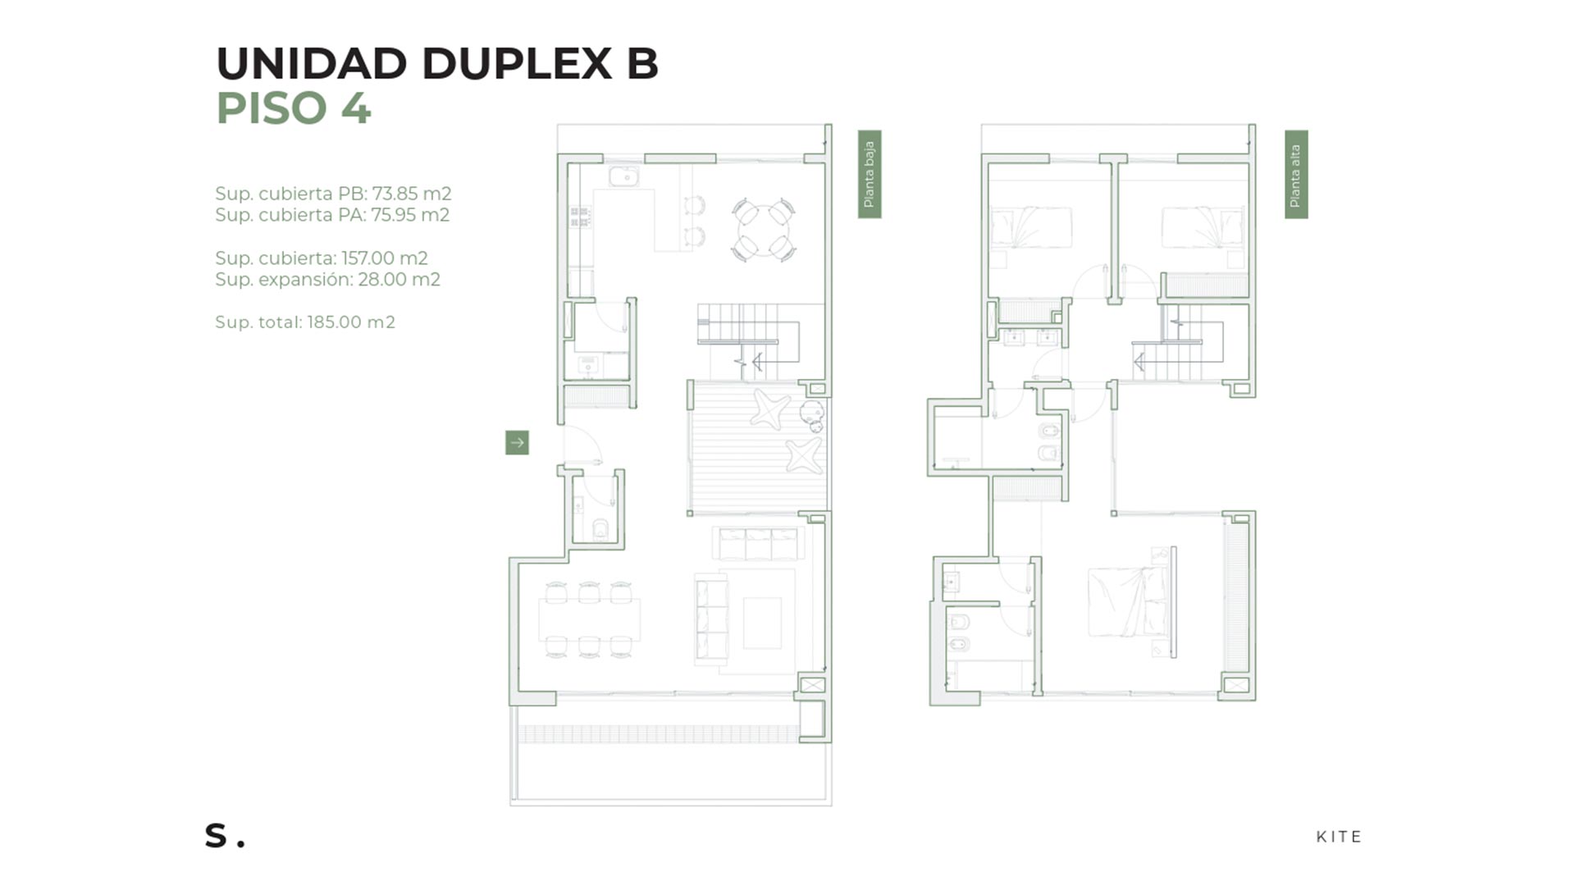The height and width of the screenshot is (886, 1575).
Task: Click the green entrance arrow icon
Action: pyautogui.click(x=517, y=443)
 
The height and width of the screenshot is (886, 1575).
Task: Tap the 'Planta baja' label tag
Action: pyautogui.click(x=870, y=174)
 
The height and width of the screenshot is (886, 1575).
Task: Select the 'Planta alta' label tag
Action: pyautogui.click(x=1296, y=174)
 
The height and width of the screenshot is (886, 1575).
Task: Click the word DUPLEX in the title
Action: pyautogui.click(x=518, y=63)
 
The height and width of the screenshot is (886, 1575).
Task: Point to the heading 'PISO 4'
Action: pyautogui.click(x=294, y=107)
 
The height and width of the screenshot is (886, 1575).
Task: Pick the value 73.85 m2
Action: pyautogui.click(x=412, y=194)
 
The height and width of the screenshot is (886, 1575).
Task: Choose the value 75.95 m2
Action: pyautogui.click(x=410, y=215)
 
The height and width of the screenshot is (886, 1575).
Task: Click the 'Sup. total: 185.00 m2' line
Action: pyautogui.click(x=305, y=322)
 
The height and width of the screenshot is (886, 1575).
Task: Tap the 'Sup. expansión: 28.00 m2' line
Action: pyautogui.click(x=327, y=280)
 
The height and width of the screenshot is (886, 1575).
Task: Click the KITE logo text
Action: pyautogui.click(x=1339, y=837)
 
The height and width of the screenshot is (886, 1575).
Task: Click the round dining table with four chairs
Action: pyautogui.click(x=764, y=230)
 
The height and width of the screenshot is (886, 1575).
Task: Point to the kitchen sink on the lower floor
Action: pyautogui.click(x=623, y=176)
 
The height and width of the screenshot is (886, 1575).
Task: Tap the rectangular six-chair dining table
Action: pyautogui.click(x=589, y=620)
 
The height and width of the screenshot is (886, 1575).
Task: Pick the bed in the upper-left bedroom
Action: pyautogui.click(x=1031, y=227)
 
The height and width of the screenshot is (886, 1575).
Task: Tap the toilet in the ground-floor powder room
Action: pyautogui.click(x=600, y=529)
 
